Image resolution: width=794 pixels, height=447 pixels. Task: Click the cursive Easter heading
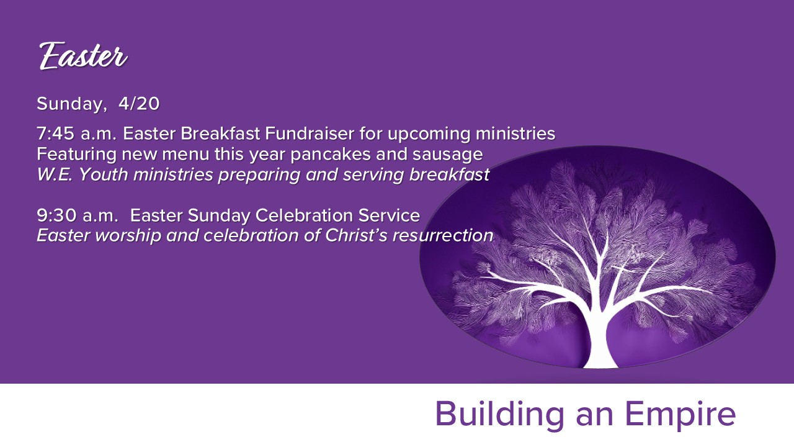[83, 56]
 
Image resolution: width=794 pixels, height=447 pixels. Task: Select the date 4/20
[139, 104]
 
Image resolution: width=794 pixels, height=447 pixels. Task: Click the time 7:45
[56, 133]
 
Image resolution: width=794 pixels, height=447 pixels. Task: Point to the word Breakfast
[220, 133]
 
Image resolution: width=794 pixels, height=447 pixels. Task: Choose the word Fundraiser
[310, 133]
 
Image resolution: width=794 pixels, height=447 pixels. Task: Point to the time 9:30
[56, 215]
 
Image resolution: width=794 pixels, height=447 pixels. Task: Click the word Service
[389, 215]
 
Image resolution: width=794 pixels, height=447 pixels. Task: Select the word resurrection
[443, 236]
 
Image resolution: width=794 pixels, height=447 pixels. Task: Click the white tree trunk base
[600, 354]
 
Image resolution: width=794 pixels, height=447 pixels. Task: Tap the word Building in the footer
[499, 414]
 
